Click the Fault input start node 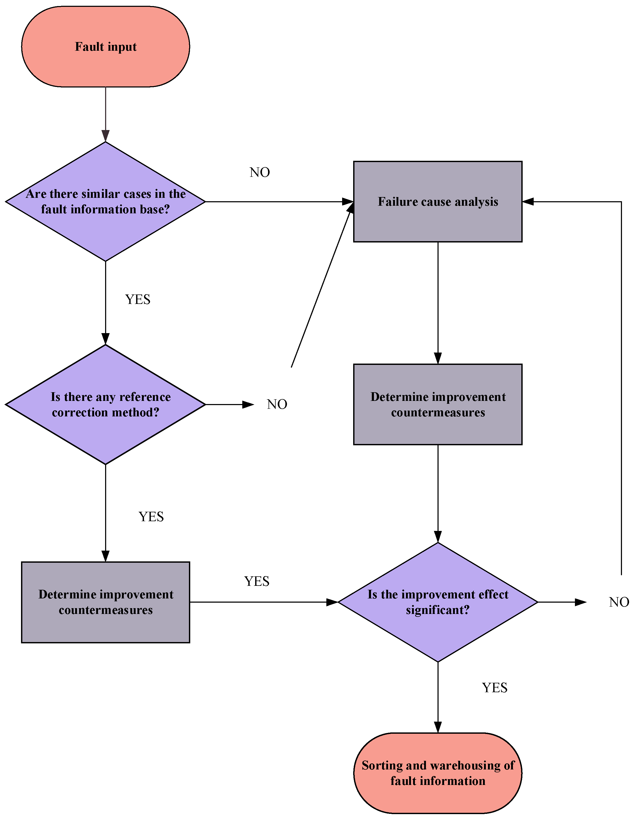(x=106, y=47)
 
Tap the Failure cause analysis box (x=438, y=202)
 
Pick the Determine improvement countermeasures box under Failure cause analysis (x=438, y=404)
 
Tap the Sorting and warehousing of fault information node (x=438, y=773)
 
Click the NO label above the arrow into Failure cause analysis (x=260, y=172)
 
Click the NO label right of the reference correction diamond (x=277, y=404)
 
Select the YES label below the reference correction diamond (x=151, y=517)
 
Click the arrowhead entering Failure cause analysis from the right (x=528, y=202)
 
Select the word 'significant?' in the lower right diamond (x=438, y=610)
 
